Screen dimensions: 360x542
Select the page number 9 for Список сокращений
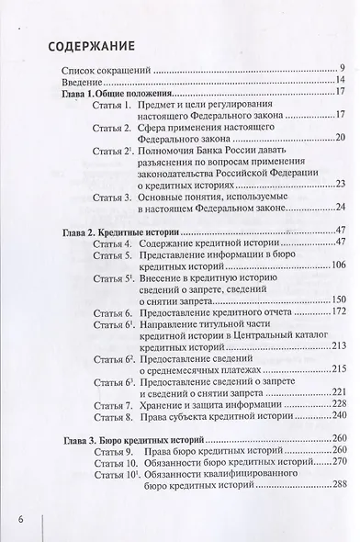[340, 69]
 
